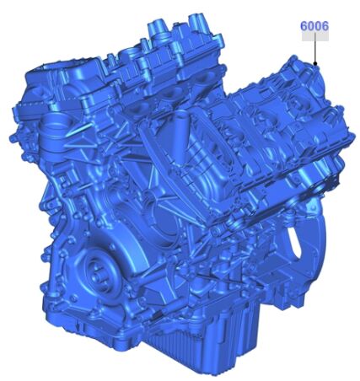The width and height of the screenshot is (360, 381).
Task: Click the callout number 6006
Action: (x=314, y=26)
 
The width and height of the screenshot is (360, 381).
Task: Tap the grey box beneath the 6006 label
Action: (x=315, y=36)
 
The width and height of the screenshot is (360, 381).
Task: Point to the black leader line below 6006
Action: (x=315, y=48)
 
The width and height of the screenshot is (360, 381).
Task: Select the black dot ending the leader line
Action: (x=315, y=64)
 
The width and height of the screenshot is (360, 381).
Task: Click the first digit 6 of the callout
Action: (x=304, y=26)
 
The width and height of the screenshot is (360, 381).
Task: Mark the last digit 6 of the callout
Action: (x=325, y=26)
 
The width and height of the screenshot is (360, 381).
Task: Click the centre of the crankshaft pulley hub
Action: (x=97, y=274)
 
